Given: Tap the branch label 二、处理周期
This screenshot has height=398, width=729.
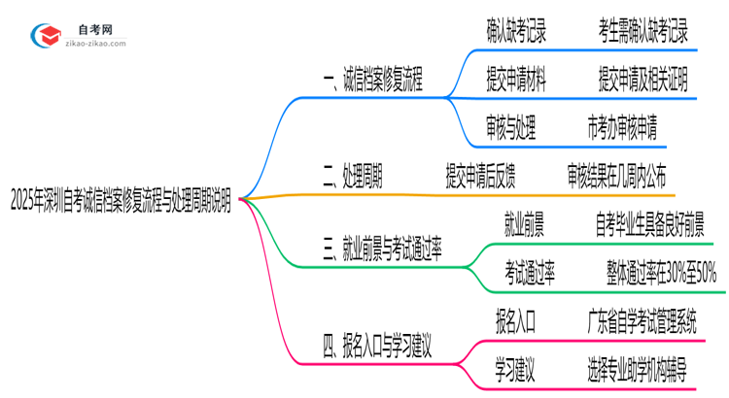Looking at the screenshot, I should (351, 176).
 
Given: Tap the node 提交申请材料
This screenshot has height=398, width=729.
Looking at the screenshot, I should (516, 83).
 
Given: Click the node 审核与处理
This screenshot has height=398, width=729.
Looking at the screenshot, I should (510, 128).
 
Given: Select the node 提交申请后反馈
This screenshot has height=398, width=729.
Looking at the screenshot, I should (480, 176).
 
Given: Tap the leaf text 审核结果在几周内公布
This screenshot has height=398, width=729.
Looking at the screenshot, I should (617, 176).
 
